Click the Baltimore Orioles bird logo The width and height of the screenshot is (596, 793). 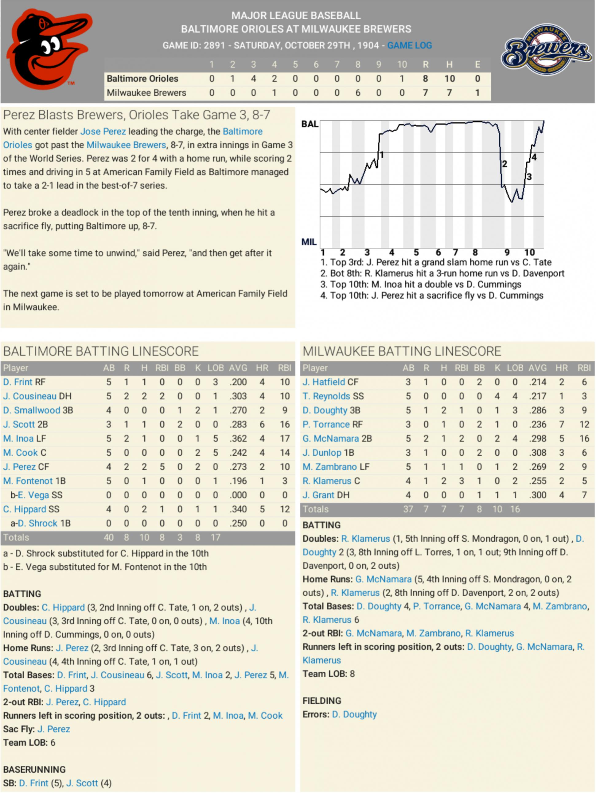point(49,49)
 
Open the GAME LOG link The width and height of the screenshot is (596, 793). point(409,45)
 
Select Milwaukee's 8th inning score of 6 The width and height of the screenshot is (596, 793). point(358,93)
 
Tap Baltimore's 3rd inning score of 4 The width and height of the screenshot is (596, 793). point(253,79)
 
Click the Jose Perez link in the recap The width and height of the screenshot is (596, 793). point(103,132)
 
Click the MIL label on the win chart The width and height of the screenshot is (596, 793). point(309,242)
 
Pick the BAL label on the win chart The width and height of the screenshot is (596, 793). point(310,124)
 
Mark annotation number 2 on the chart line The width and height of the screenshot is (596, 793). point(504,164)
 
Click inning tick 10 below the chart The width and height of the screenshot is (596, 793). point(529,252)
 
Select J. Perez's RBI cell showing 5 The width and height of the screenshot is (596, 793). point(162,467)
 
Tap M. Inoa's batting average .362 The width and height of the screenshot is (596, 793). point(238,438)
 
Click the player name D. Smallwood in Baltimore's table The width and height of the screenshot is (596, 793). point(32,410)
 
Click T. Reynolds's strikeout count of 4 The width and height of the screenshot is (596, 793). point(497,396)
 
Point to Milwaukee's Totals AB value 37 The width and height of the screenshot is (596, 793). point(408,509)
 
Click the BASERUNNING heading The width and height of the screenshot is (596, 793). point(34,769)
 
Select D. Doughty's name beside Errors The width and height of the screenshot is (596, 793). point(354,714)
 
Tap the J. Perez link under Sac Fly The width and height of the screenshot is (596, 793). point(54,729)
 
